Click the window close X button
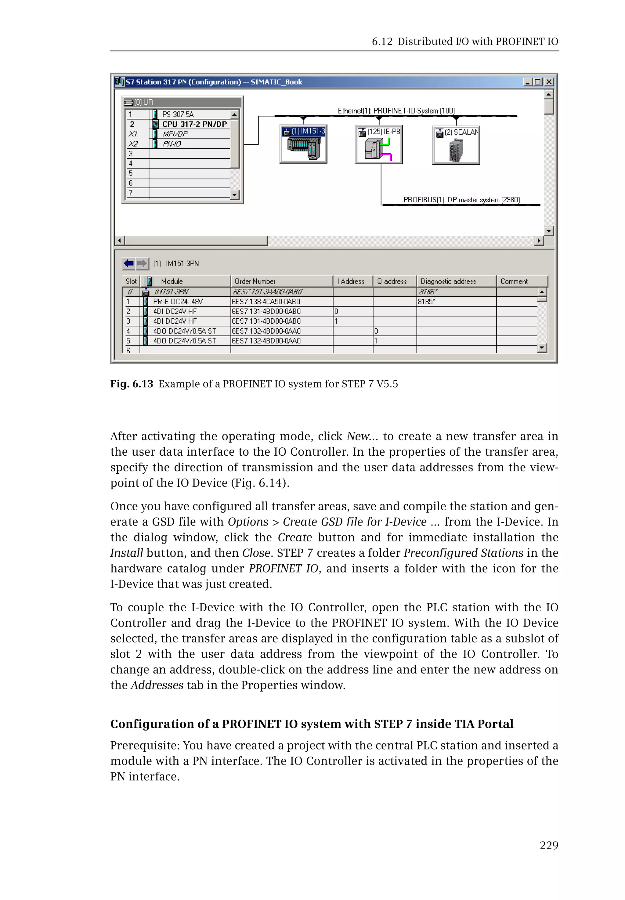pyautogui.click(x=549, y=82)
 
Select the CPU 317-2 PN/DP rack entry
pyautogui.click(x=194, y=124)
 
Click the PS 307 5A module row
pyautogui.click(x=178, y=114)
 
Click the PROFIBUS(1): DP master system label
pyautogui.click(x=461, y=200)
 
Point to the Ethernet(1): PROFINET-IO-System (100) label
pyautogui.click(x=396, y=111)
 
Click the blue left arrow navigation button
pyautogui.click(x=129, y=264)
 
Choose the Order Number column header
pyautogui.click(x=255, y=281)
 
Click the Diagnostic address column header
pyautogui.click(x=448, y=281)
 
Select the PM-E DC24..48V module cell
pyautogui.click(x=178, y=302)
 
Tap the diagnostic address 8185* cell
pyautogui.click(x=426, y=302)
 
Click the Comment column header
pyautogui.click(x=514, y=281)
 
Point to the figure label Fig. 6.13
pyautogui.click(x=132, y=384)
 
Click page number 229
pyautogui.click(x=549, y=846)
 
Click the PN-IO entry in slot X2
pyautogui.click(x=172, y=144)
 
